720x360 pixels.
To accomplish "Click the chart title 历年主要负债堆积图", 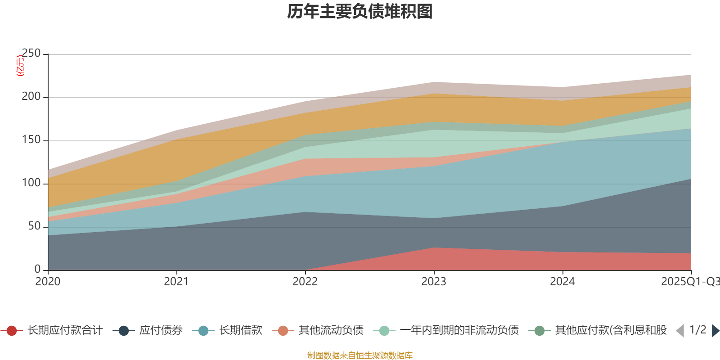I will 360,12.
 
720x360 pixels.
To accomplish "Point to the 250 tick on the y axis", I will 31,54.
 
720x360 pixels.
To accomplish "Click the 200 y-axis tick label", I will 31,97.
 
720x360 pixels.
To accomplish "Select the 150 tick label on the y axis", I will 31,140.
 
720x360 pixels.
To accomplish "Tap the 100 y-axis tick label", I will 31,183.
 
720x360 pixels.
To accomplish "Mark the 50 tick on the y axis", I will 34,226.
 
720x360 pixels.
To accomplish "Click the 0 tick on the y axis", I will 37,269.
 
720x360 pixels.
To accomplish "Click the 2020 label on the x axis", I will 48,282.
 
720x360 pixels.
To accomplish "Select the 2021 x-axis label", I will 176,282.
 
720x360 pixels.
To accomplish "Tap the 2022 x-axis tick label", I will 305,282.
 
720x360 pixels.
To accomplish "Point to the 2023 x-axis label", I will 434,282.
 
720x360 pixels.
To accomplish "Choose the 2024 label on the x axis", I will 562,282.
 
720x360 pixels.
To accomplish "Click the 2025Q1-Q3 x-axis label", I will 689,282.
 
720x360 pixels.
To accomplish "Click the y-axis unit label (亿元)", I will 20,66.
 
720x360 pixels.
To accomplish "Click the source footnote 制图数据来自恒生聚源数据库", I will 360,355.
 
